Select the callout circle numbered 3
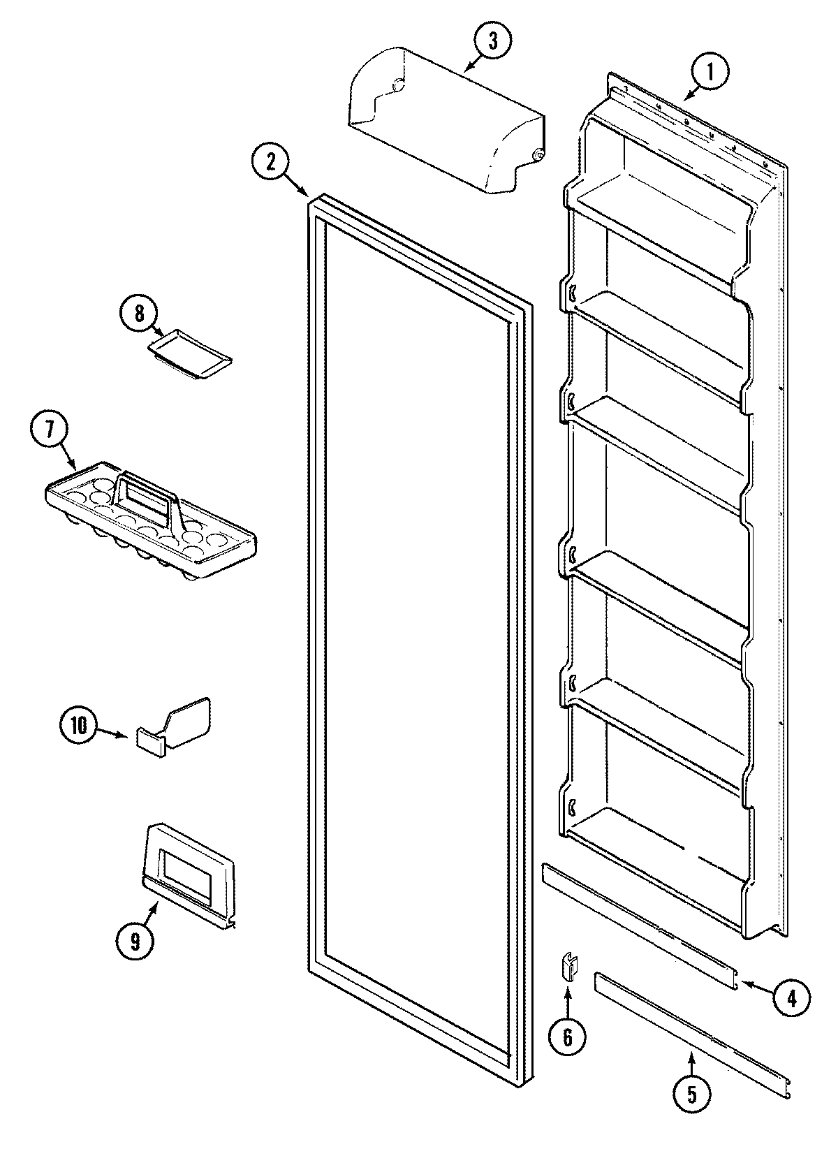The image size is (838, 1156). click(493, 41)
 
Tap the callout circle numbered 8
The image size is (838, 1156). click(139, 314)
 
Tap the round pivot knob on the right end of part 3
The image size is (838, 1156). click(538, 155)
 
